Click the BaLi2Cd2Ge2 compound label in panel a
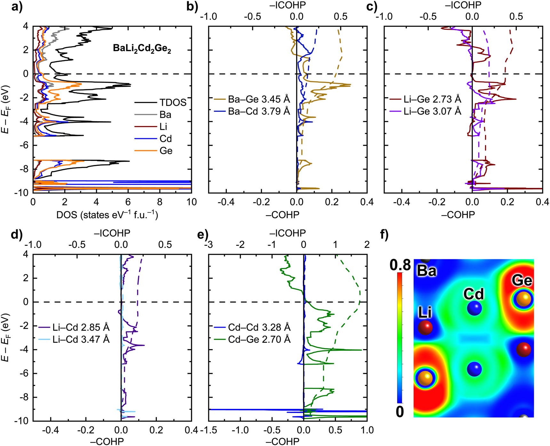tap(142, 49)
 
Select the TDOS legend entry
tap(173, 102)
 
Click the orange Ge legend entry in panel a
tap(166, 151)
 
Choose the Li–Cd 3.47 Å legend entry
tap(81, 339)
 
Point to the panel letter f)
tap(384, 235)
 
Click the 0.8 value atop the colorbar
tap(400, 265)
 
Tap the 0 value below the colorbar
tap(400, 412)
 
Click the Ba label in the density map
tap(426, 271)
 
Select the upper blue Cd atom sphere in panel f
tap(474, 308)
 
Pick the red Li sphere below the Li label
tap(425, 328)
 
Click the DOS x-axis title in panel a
tap(107, 215)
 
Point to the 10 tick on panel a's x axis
tap(191, 202)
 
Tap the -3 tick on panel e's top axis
tap(209, 245)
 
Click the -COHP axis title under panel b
tap(282, 215)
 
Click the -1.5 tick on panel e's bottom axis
tap(209, 430)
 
